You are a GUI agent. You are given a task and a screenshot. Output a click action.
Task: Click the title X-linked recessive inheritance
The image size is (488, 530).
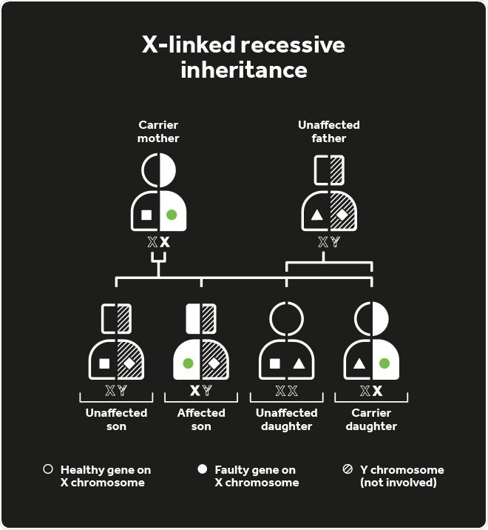click(x=243, y=57)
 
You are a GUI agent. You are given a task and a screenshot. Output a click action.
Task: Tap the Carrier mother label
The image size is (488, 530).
click(x=158, y=132)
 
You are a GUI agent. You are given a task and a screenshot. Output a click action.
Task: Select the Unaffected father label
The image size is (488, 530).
click(x=328, y=132)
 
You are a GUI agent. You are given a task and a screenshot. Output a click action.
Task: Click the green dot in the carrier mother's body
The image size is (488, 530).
click(x=172, y=215)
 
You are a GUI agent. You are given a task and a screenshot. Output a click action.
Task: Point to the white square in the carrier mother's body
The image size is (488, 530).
click(x=146, y=215)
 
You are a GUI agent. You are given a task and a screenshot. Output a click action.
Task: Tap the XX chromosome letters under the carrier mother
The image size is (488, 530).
click(x=158, y=242)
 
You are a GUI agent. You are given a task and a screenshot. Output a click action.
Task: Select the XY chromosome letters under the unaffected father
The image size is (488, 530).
click(x=328, y=242)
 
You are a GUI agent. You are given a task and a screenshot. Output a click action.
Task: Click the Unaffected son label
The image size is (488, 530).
click(x=116, y=419)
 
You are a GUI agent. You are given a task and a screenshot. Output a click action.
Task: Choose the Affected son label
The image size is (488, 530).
click(x=201, y=419)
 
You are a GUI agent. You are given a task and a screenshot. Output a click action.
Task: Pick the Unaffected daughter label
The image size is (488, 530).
click(x=286, y=419)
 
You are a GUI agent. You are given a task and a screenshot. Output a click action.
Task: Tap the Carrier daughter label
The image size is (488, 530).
click(x=371, y=419)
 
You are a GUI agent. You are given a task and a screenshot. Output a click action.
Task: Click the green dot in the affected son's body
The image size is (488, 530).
click(x=188, y=363)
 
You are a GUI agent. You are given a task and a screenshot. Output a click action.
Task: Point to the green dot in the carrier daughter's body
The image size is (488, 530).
click(x=384, y=363)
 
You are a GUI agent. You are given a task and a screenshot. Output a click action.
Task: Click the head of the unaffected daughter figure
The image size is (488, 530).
click(x=286, y=318)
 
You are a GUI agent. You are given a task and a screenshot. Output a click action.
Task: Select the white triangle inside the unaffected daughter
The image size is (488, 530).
click(x=299, y=363)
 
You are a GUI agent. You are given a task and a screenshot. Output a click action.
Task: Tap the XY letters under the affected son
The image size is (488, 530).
click(x=201, y=391)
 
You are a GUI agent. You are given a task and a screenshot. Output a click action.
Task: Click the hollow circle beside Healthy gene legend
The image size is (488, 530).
click(x=48, y=469)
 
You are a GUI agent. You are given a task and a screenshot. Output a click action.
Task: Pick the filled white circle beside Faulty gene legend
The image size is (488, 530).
click(x=202, y=469)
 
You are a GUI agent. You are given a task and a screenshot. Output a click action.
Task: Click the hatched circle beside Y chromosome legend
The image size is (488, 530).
click(x=348, y=469)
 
